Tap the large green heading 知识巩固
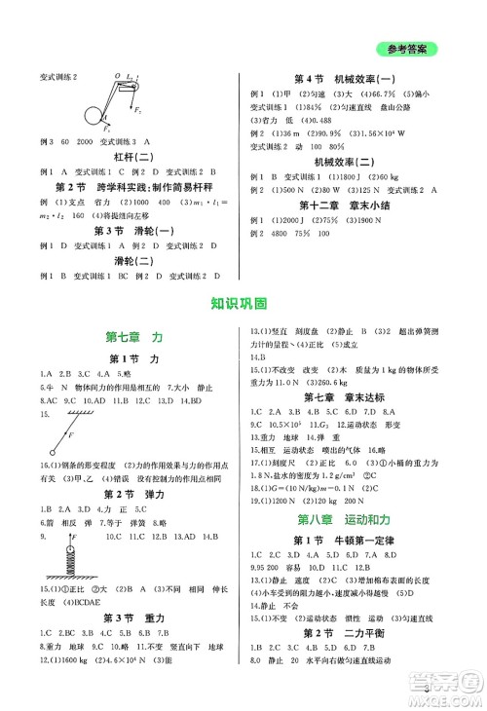[243, 303]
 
